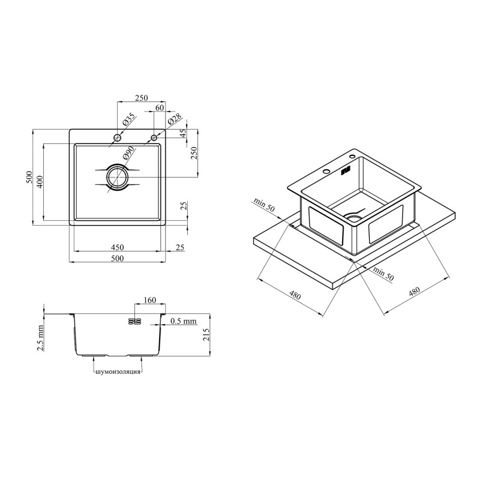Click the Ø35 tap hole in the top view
(117, 138)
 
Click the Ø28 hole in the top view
(154, 137)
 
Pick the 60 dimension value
(160, 108)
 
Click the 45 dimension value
(183, 134)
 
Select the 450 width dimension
(117, 247)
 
